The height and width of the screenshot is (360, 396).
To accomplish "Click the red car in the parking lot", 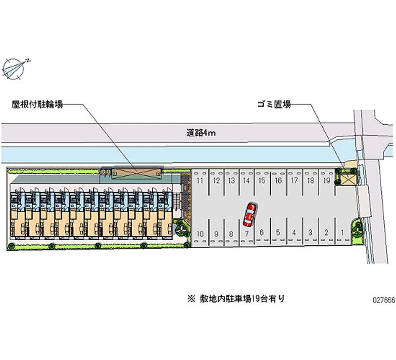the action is click(249, 214).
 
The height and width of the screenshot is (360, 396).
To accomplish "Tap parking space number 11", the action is click(200, 181).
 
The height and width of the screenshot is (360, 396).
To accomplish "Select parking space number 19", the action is click(327, 181).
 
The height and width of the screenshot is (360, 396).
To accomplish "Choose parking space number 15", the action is click(262, 181).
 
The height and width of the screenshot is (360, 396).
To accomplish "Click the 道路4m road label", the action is click(200, 133).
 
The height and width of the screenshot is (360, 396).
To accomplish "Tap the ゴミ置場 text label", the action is click(273, 104).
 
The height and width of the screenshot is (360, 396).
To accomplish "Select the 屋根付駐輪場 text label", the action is click(38, 104).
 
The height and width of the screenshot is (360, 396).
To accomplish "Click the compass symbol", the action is click(16, 68).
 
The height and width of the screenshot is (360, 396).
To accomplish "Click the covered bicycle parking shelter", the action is click(136, 173).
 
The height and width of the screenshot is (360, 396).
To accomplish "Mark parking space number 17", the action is click(294, 181).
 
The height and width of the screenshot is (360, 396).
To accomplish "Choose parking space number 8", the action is click(231, 233).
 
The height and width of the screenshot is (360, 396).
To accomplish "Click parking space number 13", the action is click(231, 181).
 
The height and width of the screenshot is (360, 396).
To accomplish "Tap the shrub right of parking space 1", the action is click(358, 229).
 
